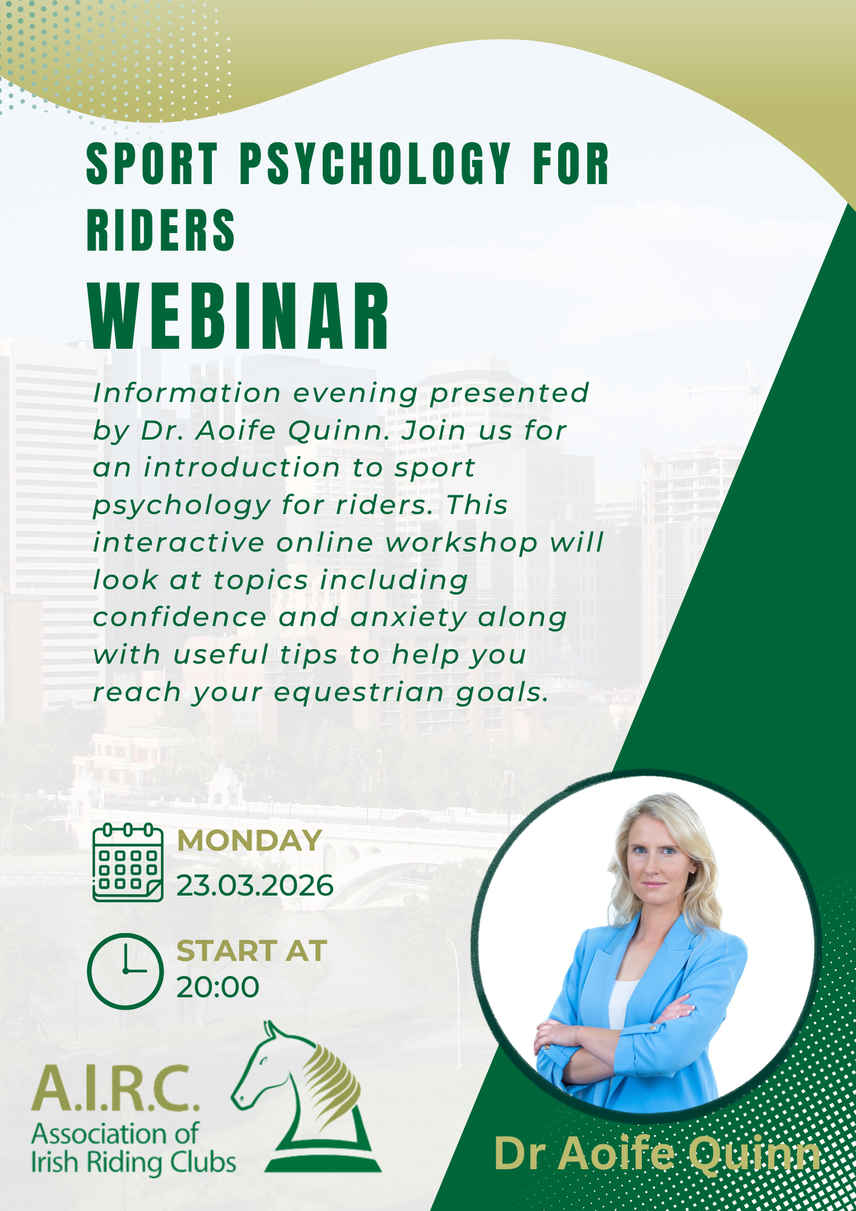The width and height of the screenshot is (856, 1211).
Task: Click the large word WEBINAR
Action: tap(240, 316)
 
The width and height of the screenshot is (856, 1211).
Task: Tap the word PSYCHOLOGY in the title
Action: tap(375, 163)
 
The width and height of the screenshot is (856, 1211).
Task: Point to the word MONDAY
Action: tap(249, 840)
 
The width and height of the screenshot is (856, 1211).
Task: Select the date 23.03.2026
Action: tap(255, 885)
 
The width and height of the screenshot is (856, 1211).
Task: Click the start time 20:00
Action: tap(218, 987)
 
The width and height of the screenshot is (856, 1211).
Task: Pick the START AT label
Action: tap(252, 951)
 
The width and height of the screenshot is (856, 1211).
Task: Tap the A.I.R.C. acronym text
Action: tap(115, 1088)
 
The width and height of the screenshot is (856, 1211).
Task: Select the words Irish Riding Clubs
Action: tap(133, 1163)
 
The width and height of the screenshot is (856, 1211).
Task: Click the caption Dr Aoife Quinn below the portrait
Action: tap(657, 1153)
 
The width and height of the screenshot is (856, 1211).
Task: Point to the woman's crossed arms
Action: tap(614, 1032)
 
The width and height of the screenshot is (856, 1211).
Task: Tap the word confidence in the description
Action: tap(179, 618)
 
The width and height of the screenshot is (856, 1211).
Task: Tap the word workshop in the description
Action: tap(461, 543)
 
